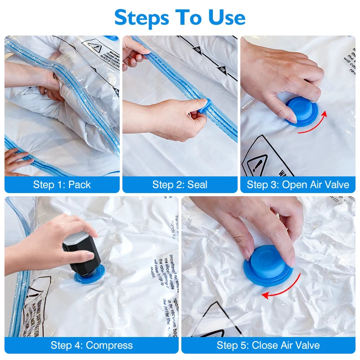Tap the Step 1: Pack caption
(62, 184)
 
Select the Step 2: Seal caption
(180, 184)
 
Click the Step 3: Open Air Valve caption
(298, 184)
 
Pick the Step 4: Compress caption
(92, 345)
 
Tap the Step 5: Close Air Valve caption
(268, 345)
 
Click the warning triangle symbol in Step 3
(256, 160)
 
